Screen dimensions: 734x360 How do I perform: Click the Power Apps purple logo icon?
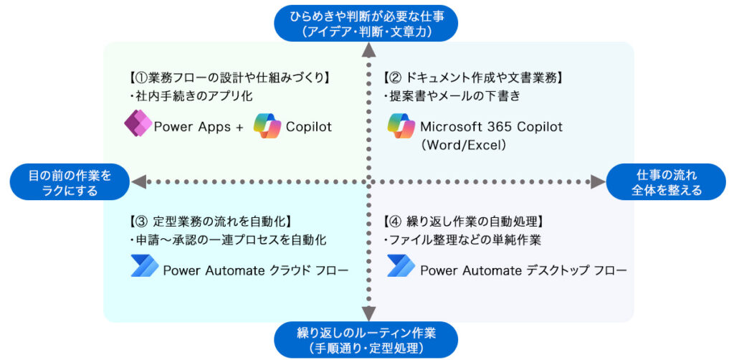click(138, 124)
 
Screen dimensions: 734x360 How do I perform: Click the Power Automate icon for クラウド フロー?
click(145, 266)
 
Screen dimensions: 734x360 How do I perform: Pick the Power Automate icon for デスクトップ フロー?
click(401, 266)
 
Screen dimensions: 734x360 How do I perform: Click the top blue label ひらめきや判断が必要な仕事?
click(366, 24)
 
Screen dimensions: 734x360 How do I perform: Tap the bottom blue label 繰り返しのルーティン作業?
click(366, 341)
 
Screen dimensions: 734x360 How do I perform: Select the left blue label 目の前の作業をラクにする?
click(70, 183)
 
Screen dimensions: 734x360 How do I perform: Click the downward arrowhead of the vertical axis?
click(369, 314)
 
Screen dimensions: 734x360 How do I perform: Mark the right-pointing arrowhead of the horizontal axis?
click(599, 182)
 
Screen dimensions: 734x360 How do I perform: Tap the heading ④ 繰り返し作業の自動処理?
click(462, 220)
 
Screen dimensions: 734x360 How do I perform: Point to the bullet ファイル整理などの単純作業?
click(462, 240)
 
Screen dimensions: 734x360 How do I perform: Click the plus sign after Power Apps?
click(239, 127)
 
